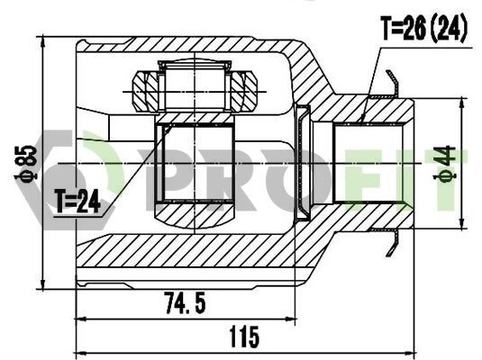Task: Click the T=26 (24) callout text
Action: [423, 28]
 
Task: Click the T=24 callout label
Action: [77, 202]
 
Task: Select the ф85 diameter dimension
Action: [26, 162]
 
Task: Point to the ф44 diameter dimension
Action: [444, 163]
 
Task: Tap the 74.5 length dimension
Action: [185, 303]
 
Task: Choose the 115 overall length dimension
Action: [244, 337]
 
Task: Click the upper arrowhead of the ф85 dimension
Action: [43, 41]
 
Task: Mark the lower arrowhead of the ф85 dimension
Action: [43, 283]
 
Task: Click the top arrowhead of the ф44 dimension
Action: [461, 103]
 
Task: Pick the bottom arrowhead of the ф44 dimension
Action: [461, 223]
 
